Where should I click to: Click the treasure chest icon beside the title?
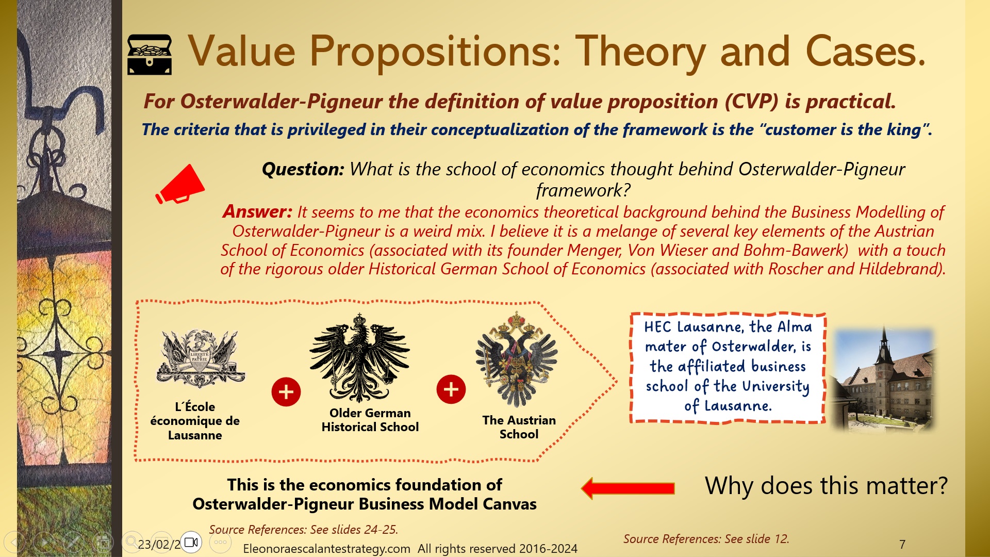[150, 55]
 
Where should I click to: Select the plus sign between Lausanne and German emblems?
[286, 391]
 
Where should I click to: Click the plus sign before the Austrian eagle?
[451, 389]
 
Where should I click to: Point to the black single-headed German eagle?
[360, 358]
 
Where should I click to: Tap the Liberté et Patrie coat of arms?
[200, 358]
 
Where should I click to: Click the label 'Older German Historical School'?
[370, 420]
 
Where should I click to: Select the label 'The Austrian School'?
[519, 427]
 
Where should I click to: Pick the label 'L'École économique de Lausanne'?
[195, 421]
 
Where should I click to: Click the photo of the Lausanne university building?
[884, 379]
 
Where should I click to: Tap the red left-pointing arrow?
[628, 488]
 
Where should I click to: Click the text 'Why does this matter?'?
[826, 486]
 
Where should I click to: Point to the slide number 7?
[902, 544]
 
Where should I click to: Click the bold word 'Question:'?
[303, 169]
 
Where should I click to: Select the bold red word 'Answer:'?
[257, 211]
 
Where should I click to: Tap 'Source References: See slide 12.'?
[706, 539]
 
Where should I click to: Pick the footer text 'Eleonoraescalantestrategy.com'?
[326, 549]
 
